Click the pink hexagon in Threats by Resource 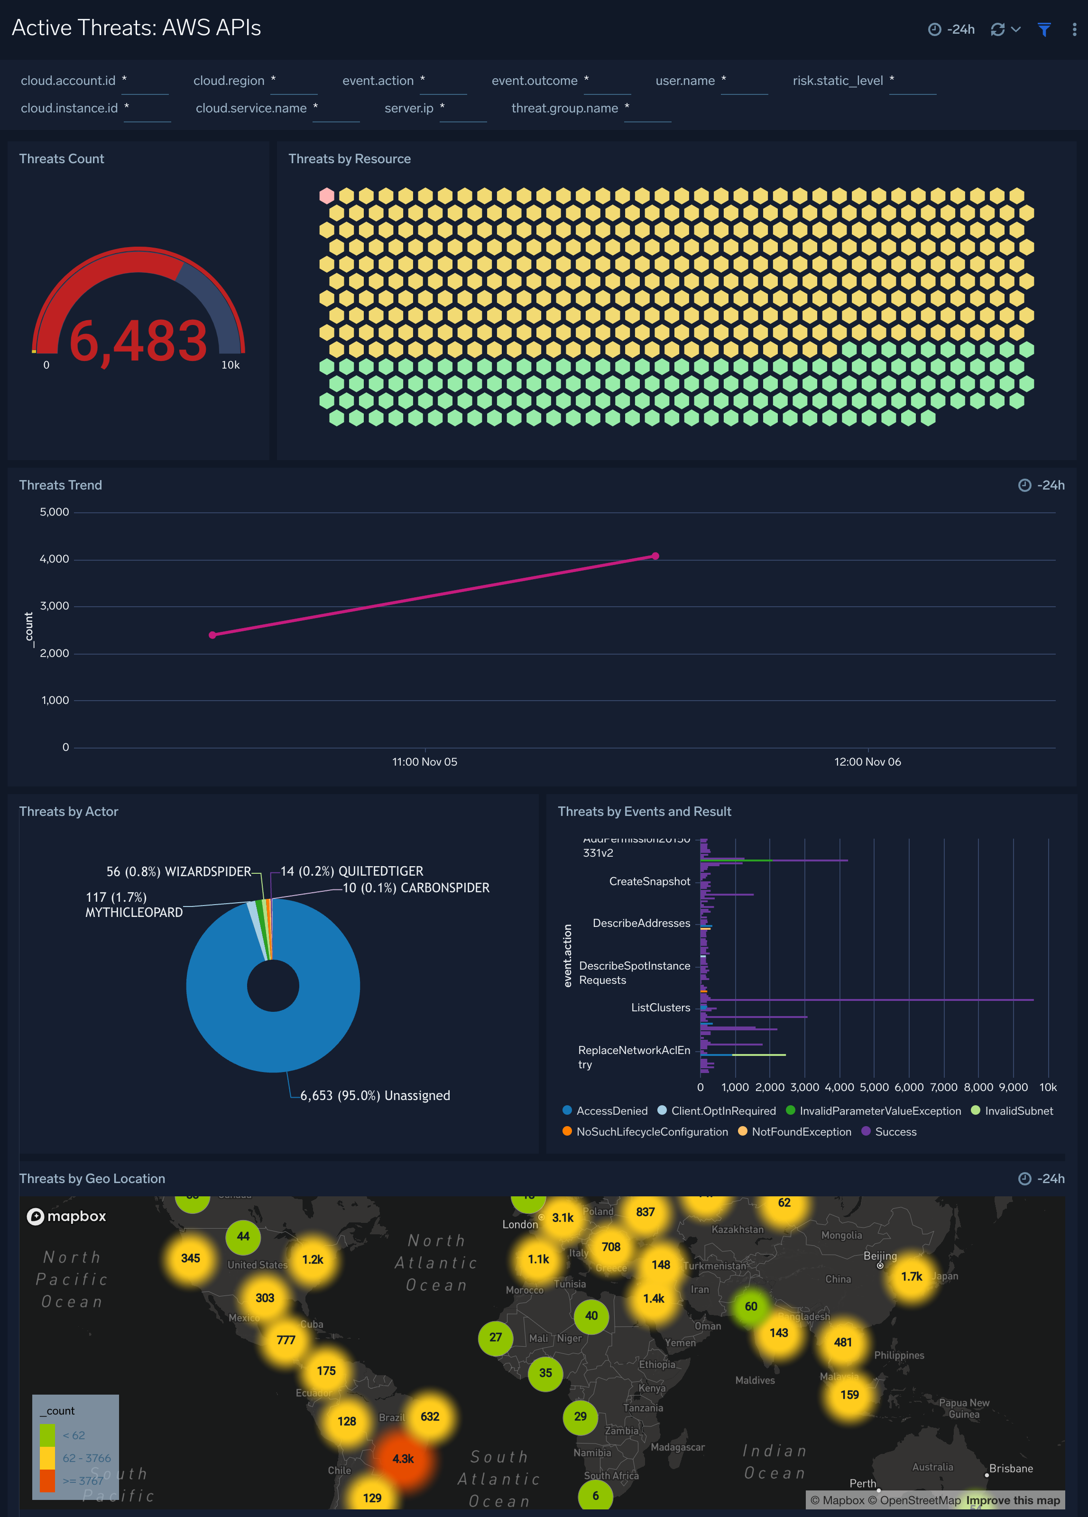(326, 196)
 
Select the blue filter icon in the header (1043, 29)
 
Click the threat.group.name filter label (564, 108)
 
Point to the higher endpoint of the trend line (655, 556)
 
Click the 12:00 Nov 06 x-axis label (867, 762)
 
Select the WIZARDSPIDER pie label (178, 871)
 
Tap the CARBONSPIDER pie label (416, 888)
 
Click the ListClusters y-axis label (660, 1008)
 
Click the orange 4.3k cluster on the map (403, 1459)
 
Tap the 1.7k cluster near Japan (912, 1276)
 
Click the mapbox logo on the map (66, 1216)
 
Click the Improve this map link (1013, 1500)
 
